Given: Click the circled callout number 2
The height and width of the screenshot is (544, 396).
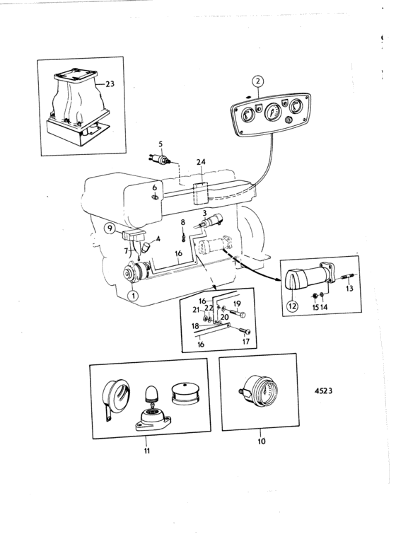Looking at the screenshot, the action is (257, 82).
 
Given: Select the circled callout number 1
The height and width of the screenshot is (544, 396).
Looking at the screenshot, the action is (133, 296).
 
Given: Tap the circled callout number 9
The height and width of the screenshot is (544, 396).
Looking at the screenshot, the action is (110, 228).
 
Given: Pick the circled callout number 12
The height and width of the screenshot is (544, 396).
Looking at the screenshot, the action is (292, 306).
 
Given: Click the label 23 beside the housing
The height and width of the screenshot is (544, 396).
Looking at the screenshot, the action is (110, 83).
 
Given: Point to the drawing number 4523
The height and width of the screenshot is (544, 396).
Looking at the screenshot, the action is (323, 390).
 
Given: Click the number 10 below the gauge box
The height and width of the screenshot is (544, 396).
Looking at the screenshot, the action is (262, 441).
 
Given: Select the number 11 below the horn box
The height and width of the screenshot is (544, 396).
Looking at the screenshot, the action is (147, 451).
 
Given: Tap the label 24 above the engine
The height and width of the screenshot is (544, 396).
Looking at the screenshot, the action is (201, 162).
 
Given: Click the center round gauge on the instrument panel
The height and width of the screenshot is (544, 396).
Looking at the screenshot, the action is (274, 112).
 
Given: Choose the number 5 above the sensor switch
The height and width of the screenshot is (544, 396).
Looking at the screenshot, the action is (161, 144).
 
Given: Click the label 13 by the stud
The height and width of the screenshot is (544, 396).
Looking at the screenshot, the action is (349, 288).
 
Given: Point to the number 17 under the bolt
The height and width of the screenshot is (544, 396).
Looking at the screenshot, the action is (246, 342).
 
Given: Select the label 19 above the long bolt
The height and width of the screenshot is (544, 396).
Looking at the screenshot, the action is (237, 304).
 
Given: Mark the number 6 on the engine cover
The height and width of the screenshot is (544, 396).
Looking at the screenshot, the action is (155, 187).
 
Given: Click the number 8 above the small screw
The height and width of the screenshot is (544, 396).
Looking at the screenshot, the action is (183, 222).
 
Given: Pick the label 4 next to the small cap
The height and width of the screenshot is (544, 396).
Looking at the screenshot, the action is (158, 238).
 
